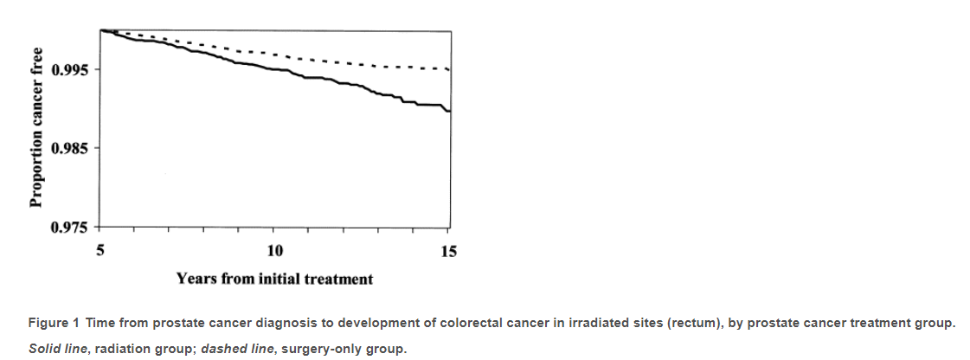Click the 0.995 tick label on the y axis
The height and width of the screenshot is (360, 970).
coord(68,69)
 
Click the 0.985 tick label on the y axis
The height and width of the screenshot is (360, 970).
coord(68,149)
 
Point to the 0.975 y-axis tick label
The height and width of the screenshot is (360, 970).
coord(68,228)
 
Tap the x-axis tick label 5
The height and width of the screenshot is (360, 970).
coord(100,251)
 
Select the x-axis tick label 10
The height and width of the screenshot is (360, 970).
coord(274,251)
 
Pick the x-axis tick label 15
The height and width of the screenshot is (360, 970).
coord(448,251)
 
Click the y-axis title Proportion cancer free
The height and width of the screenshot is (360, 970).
coord(36,128)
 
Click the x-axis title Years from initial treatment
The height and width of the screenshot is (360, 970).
coord(274,279)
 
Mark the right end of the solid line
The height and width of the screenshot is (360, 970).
coord(448,111)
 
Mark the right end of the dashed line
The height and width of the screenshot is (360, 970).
coord(447,69)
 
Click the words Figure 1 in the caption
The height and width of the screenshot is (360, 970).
coord(54,324)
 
